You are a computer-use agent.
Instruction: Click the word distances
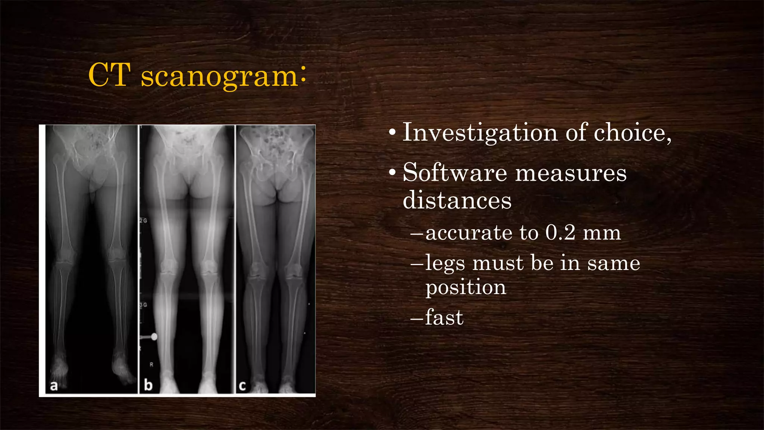(457, 200)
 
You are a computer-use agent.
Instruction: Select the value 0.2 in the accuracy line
(560, 233)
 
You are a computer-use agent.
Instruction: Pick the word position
(466, 288)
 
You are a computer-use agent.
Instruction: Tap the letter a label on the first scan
(54, 386)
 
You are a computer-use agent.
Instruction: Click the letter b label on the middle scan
(148, 385)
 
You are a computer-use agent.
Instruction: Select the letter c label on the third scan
(242, 386)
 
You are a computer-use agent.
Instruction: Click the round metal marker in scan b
(154, 337)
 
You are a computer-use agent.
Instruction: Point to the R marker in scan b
(151, 364)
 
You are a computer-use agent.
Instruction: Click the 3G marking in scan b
(143, 305)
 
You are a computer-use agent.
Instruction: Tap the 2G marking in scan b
(143, 221)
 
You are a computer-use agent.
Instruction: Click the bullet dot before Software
(392, 173)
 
